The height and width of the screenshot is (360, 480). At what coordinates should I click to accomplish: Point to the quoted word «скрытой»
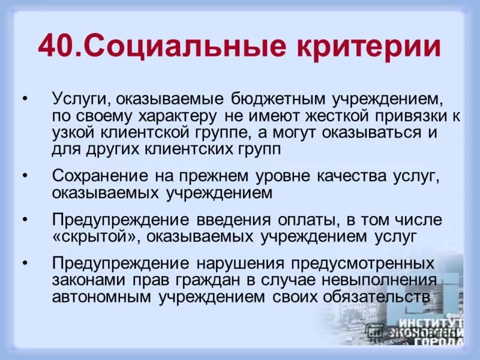point(95,236)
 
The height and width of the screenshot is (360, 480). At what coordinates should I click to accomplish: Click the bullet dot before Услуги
point(25,99)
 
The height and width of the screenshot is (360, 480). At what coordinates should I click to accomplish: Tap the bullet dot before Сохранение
point(25,176)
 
